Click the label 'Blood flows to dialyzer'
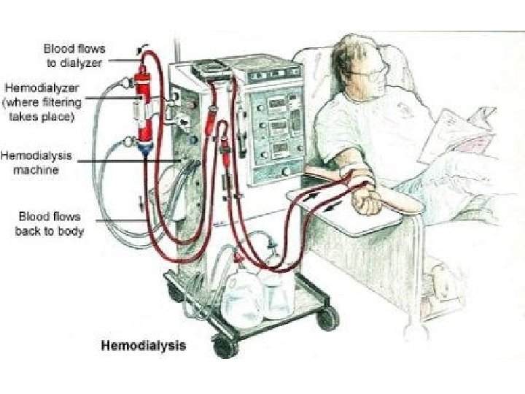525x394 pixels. [x=74, y=55]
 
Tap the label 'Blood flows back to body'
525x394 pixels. [x=50, y=224]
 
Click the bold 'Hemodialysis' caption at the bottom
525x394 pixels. [x=142, y=345]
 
